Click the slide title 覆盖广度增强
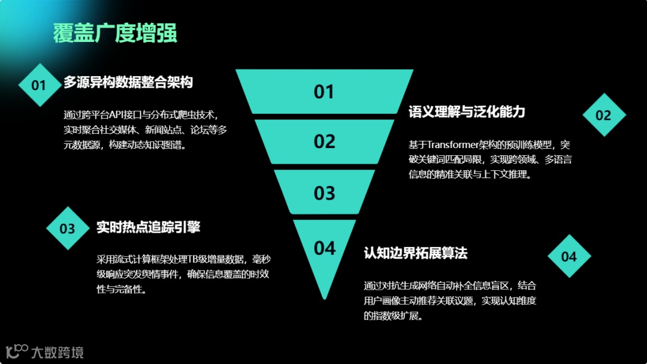coord(115,33)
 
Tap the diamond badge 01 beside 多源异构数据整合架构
coord(39,85)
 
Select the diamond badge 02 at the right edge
coord(603,115)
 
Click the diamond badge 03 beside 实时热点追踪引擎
coord(68,228)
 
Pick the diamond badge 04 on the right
coord(569,257)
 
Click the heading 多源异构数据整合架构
coord(128,83)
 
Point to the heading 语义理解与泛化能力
coord(467,112)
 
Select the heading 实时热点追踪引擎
coord(148,227)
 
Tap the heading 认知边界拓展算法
coord(415,253)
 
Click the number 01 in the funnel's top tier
coord(324,92)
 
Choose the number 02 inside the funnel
coord(324,142)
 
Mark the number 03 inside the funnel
coord(324,193)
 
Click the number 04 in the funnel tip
coord(324,248)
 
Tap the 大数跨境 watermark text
coord(58,352)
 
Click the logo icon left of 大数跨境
coord(17,351)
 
